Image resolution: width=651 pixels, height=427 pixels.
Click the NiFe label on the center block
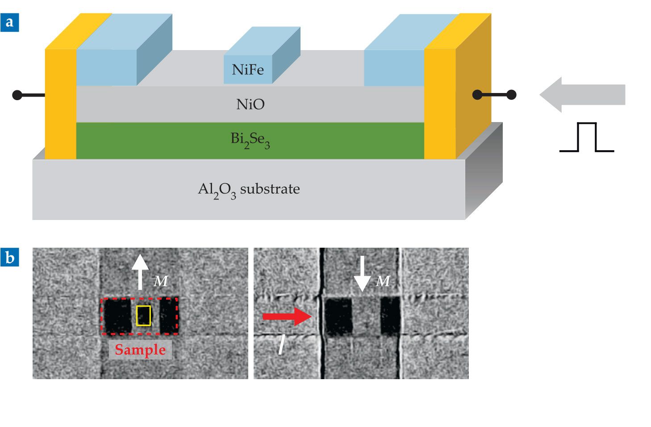click(248, 70)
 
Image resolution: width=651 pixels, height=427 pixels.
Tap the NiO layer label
click(250, 104)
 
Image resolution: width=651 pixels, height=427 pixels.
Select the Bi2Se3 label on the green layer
click(250, 140)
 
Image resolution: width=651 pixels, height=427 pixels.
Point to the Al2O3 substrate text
click(249, 190)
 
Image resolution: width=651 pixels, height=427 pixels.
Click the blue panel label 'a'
click(9, 22)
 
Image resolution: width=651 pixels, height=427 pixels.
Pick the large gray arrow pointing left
click(582, 95)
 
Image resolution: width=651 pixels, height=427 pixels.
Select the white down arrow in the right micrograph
click(362, 273)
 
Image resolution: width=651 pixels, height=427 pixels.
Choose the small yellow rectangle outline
click(143, 316)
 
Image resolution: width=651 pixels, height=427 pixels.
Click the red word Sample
click(140, 350)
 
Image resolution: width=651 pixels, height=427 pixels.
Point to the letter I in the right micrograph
click(282, 345)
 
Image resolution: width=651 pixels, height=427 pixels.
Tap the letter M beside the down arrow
click(383, 281)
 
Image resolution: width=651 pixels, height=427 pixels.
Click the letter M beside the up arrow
click(161, 281)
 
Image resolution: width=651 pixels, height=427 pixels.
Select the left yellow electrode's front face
click(61, 105)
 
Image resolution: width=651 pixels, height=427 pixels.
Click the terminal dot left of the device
click(17, 95)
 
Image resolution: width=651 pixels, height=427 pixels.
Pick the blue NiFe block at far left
click(107, 67)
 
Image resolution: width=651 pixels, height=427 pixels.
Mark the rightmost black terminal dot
click(512, 95)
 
